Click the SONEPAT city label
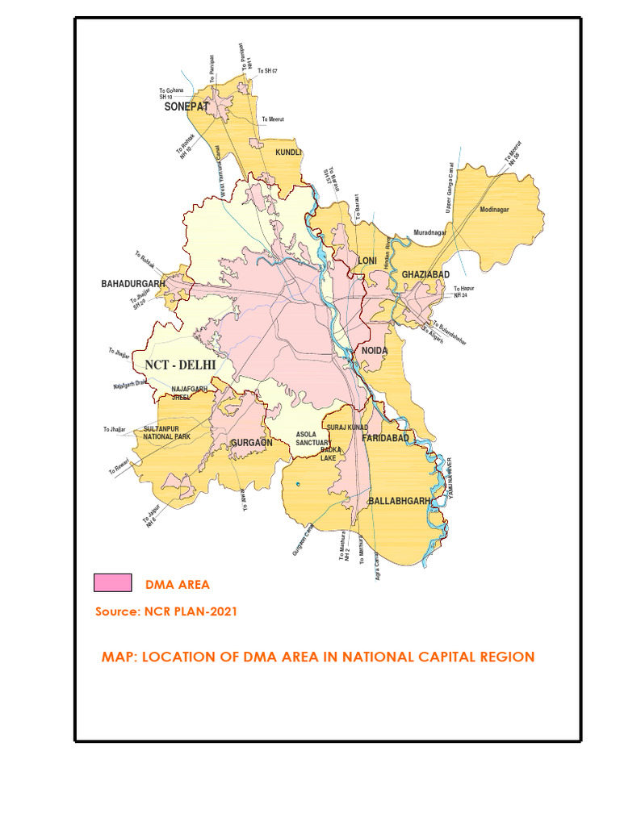point(186,106)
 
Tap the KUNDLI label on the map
point(288,152)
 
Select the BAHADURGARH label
point(133,284)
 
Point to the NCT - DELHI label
point(180,365)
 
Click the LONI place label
point(367,261)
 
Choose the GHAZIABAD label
point(425,275)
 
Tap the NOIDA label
point(375,351)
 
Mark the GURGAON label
point(252,443)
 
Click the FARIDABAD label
point(387,436)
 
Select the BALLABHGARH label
point(400,501)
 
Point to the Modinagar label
point(495,210)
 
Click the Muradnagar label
point(430,232)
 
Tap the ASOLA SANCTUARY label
point(312,438)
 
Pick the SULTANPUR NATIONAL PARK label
point(166,432)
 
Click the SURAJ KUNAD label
point(347,427)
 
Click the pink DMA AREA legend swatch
point(113,582)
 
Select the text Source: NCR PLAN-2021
point(166,611)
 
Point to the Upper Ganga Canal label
point(450,188)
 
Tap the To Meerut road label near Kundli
point(273,119)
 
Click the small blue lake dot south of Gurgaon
point(298,484)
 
